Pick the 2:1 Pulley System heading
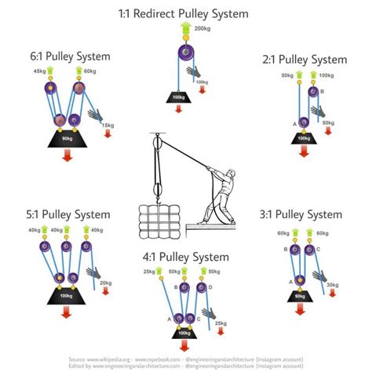click(x=301, y=60)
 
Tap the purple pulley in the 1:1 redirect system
click(x=185, y=55)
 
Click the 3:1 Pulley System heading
click(x=301, y=214)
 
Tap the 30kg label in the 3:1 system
click(x=332, y=285)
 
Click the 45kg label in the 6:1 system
click(x=39, y=71)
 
